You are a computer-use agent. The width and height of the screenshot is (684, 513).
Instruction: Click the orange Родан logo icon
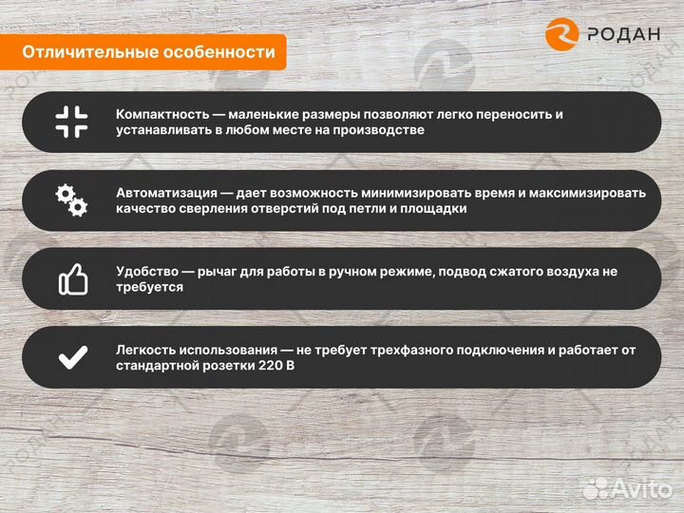(562, 33)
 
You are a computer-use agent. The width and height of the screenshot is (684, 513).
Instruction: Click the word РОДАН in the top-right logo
(622, 34)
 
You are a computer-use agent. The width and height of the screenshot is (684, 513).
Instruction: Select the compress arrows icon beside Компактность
(71, 122)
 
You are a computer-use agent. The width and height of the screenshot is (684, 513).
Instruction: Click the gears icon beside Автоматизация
(71, 200)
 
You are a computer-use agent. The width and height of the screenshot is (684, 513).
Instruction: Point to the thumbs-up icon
(72, 278)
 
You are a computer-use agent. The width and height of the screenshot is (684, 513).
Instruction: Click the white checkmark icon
(72, 357)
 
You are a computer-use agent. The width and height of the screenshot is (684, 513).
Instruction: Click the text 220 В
(275, 366)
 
